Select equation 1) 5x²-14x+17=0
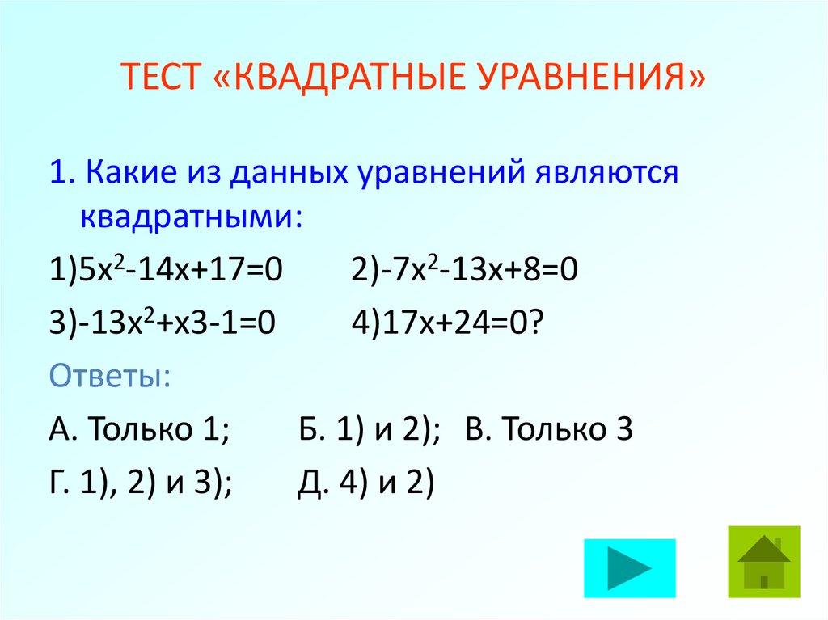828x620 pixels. pos(167,269)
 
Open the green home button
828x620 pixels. pos(763,562)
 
